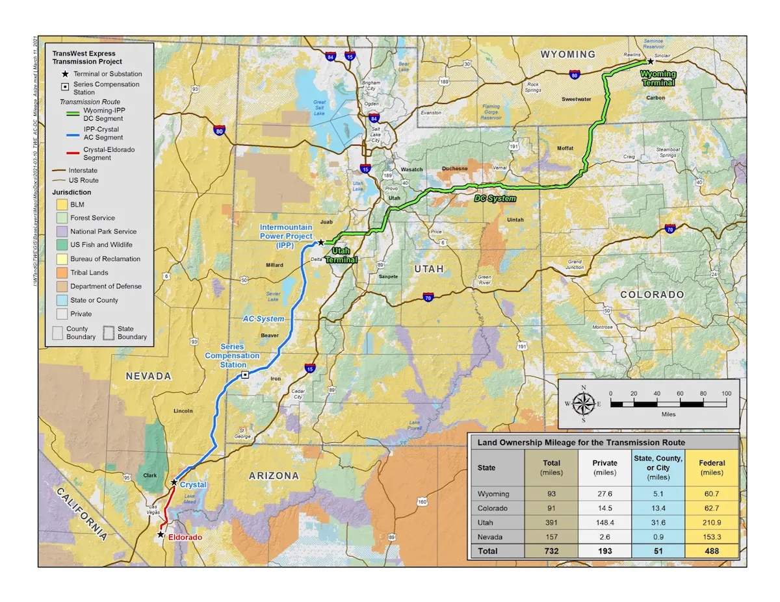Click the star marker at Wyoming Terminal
(650, 61)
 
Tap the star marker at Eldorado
(161, 534)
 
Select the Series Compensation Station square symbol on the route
(244, 375)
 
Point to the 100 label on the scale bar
(725, 394)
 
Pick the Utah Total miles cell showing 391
(551, 522)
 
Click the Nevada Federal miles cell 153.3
(712, 536)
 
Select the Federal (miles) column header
(712, 468)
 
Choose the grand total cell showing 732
(551, 551)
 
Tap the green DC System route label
(495, 198)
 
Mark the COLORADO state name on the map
(651, 294)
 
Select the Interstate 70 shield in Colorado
(670, 229)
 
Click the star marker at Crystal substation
(174, 483)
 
